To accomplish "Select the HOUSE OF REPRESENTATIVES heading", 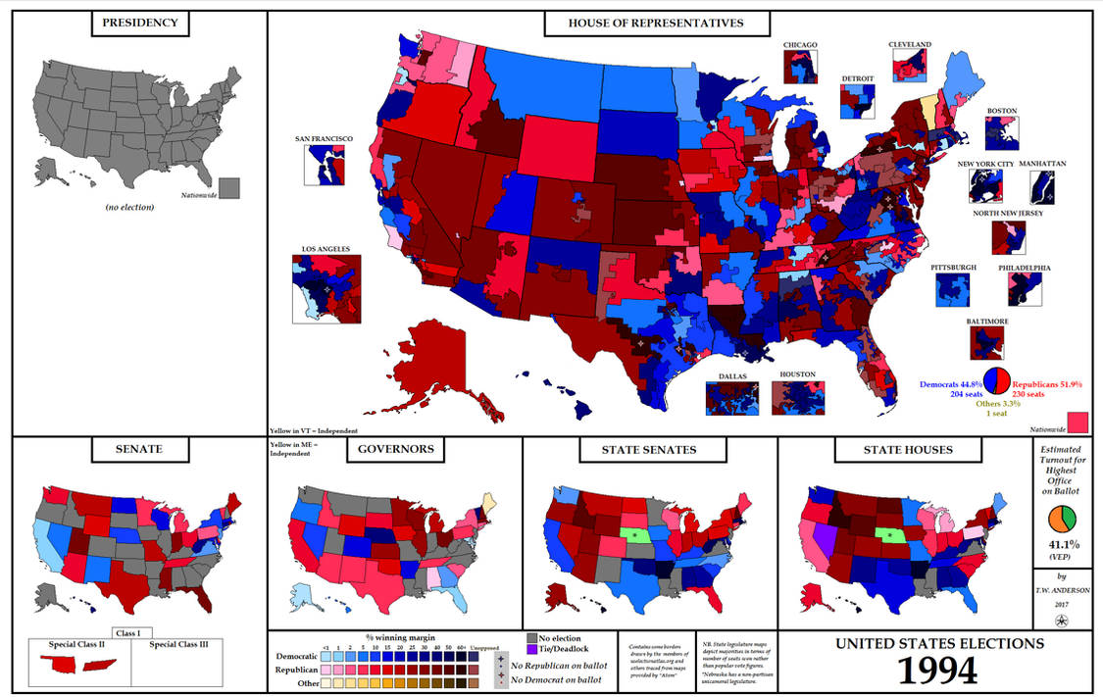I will [656, 24].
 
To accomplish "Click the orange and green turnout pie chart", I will [1063, 520].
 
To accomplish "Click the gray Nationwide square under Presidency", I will [230, 187].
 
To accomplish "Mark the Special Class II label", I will [76, 645].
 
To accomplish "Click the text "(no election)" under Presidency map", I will [131, 207].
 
